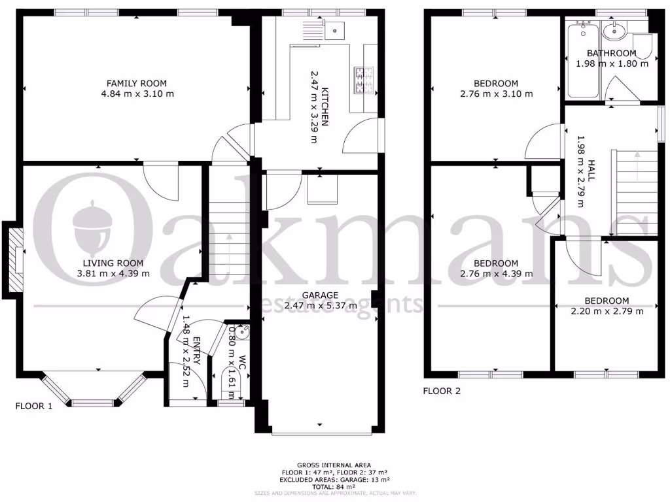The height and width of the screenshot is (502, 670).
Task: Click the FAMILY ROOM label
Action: [137, 83]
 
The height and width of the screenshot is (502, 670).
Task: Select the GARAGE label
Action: [320, 295]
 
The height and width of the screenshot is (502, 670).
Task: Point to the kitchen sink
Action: [334, 29]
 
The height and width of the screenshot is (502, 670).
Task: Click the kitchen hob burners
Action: [362, 80]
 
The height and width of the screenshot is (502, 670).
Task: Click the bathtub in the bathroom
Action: [583, 62]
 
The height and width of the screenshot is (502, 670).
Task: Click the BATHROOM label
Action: [611, 53]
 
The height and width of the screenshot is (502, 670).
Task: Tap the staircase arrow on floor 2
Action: [635, 169]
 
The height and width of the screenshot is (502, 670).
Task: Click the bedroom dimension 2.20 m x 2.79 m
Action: [607, 310]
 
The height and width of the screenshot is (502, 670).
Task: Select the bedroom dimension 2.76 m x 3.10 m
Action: [496, 93]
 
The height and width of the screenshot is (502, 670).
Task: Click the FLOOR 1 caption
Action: [34, 406]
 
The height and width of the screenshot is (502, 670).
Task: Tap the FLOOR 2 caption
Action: [442, 391]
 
